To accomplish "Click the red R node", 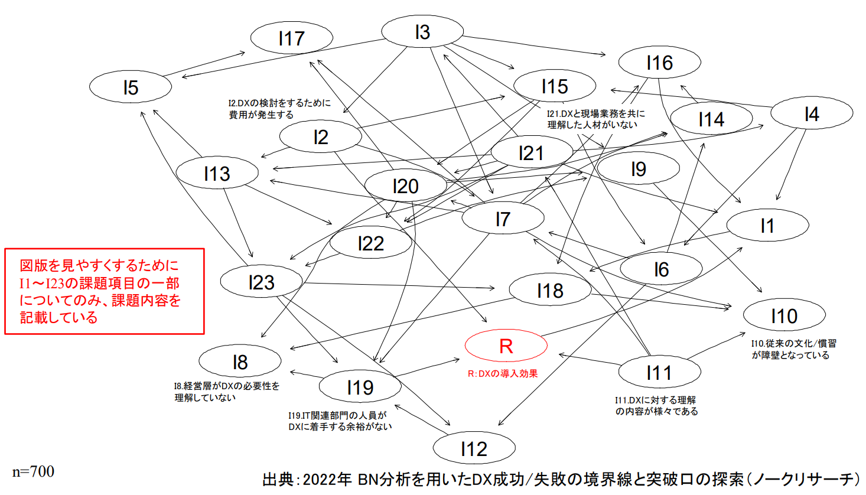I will [506, 346].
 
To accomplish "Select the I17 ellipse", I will [291, 38].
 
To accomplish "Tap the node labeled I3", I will [422, 32].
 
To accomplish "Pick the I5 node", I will [131, 87].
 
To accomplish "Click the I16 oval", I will [659, 63].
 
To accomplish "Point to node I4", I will [812, 114].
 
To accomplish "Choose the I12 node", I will [474, 449].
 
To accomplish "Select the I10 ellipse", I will [784, 316].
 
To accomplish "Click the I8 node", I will [240, 362].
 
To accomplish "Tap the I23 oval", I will [261, 282].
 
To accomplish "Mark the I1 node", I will [767, 226].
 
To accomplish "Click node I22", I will [370, 243].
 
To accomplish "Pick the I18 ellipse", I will [550, 291].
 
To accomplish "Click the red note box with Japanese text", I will [105, 291].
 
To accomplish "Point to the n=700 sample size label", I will [33, 471].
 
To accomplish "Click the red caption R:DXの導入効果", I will [503, 374].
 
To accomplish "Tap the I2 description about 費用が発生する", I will [279, 109].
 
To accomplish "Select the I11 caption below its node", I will [656, 406].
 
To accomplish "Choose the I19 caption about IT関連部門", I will [340, 421].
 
